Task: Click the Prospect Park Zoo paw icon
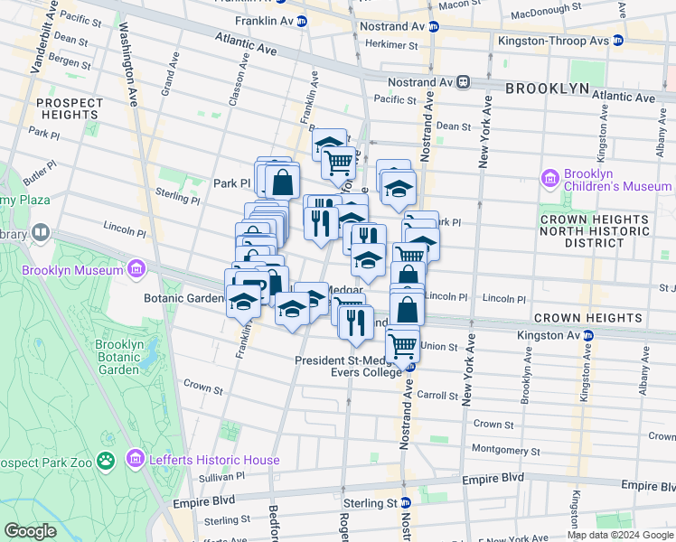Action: (x=107, y=460)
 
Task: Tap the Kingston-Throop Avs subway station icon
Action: (x=617, y=41)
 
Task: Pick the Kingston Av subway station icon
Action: (x=587, y=335)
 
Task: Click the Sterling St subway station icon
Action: (x=407, y=502)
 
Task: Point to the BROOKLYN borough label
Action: (x=547, y=89)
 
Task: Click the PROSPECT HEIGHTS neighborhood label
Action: (x=69, y=108)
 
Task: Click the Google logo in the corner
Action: (x=30, y=530)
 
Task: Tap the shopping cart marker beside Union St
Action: (x=402, y=345)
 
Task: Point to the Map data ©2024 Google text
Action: (x=619, y=535)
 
